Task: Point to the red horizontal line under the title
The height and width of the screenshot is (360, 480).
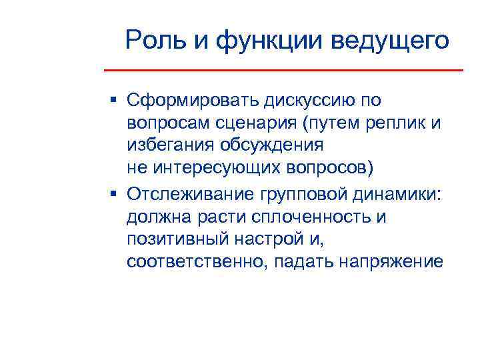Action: pos(283,70)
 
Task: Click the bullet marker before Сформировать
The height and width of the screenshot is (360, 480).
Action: pos(114,100)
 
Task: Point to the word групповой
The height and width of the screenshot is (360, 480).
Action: pos(298,194)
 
